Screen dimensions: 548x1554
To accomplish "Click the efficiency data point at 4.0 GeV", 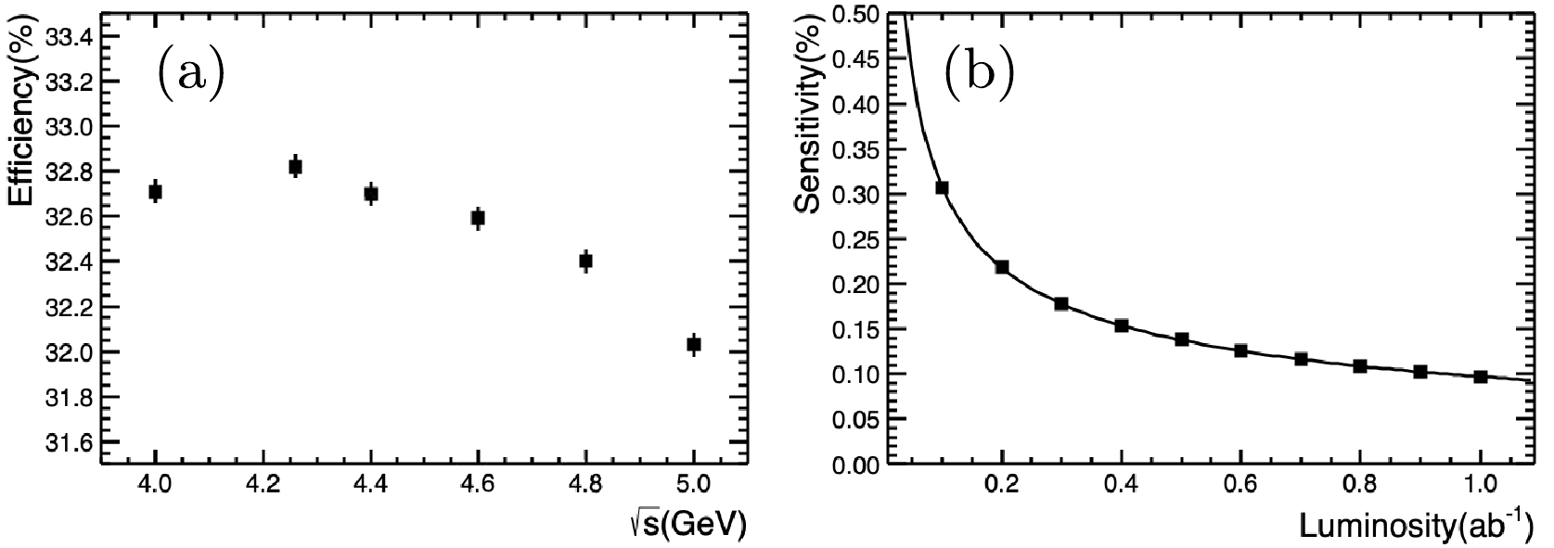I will coord(156,192).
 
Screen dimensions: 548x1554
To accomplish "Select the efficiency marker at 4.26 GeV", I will coord(295,167).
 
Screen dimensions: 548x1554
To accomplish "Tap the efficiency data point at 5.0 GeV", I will coord(694,344).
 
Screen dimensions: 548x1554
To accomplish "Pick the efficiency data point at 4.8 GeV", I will coord(585,261).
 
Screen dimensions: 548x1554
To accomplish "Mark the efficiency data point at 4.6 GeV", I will coord(478,218).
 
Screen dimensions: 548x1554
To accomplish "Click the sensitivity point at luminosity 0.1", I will coord(942,188).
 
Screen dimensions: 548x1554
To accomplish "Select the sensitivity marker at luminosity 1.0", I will coord(1481,376).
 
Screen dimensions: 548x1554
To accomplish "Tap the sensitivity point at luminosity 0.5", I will coord(1181,339).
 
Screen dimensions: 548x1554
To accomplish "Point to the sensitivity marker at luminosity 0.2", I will coord(1002,267).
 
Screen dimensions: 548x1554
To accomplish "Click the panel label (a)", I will coord(189,73).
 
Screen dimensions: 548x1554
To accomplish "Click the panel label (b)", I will coord(978,73).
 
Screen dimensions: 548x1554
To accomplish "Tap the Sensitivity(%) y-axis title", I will coord(809,120).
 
